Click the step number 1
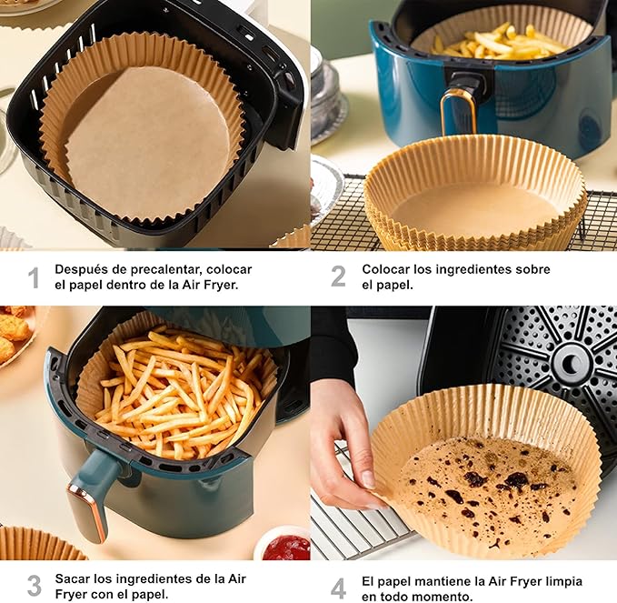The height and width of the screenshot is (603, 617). tap(35, 277)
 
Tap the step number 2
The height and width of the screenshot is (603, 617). tap(338, 276)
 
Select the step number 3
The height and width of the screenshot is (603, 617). tap(35, 586)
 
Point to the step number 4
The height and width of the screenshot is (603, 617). tap(338, 588)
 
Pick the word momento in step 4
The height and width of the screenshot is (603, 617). tap(443, 597)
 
